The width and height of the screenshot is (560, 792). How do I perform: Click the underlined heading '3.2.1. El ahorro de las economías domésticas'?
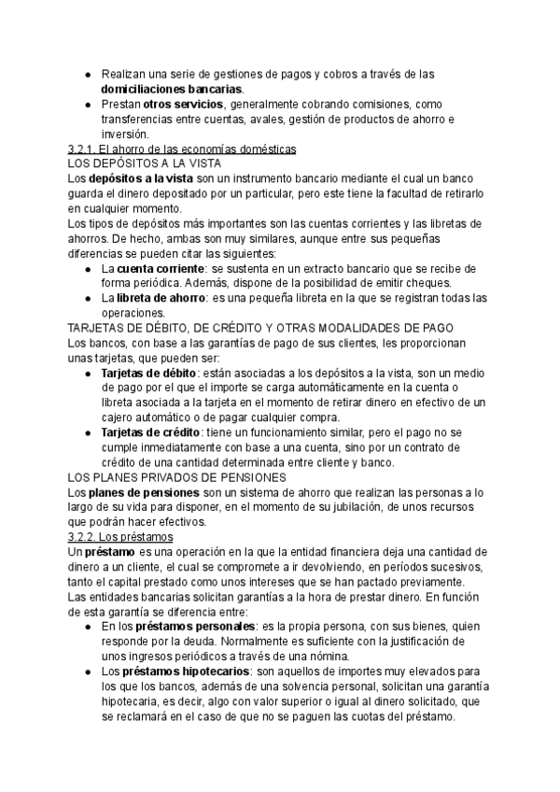click(183, 149)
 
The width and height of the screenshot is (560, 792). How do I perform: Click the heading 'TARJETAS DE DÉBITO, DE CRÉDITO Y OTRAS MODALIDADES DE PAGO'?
click(261, 328)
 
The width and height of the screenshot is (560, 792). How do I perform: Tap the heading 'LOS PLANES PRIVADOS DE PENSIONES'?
click(177, 477)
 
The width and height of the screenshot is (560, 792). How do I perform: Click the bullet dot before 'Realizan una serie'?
click(87, 74)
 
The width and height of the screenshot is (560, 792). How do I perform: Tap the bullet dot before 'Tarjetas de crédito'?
click(87, 433)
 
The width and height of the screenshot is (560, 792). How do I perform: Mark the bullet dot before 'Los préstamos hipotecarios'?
click(87, 672)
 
